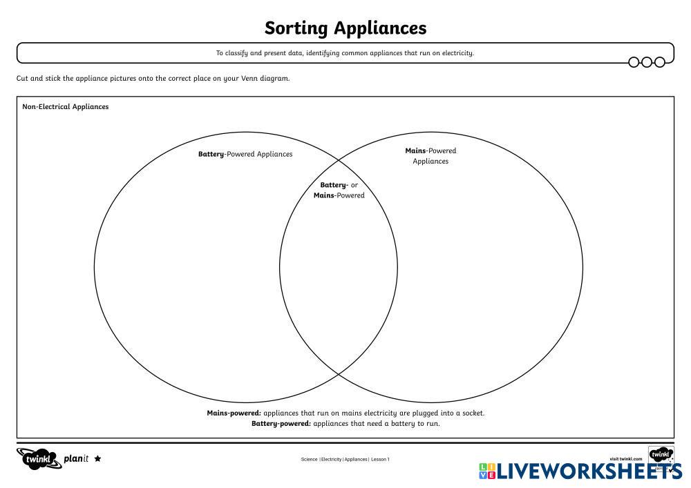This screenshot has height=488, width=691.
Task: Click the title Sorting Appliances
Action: click(x=345, y=28)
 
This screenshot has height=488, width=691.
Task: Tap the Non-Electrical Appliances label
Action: click(x=65, y=107)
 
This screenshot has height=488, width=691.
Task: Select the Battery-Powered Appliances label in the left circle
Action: click(x=245, y=155)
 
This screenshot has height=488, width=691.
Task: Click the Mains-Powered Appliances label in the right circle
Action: click(x=430, y=156)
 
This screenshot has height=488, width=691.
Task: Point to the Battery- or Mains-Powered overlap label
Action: click(x=339, y=191)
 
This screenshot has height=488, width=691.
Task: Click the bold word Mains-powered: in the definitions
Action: click(x=234, y=413)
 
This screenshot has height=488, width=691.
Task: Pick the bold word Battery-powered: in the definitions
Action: click(x=281, y=424)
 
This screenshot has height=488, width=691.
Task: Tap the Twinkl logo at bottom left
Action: click(x=38, y=458)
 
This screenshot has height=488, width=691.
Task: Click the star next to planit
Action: click(x=97, y=458)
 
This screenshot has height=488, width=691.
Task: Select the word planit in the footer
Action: click(x=76, y=458)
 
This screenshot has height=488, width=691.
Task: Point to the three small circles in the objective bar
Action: click(x=647, y=62)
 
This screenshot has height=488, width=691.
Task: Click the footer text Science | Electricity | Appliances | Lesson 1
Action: click(x=345, y=460)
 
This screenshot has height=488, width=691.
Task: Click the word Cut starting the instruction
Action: click(x=22, y=79)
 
